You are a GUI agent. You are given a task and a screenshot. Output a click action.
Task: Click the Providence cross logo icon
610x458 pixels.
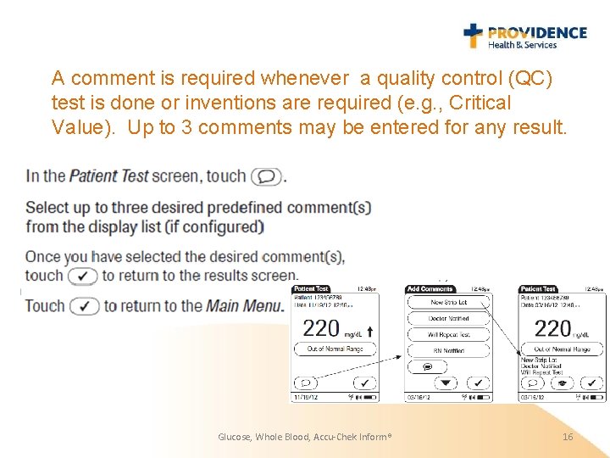[x=473, y=36]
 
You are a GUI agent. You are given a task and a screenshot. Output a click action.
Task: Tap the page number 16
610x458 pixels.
[x=568, y=436]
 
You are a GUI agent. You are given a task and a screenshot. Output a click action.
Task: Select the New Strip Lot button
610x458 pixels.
[x=448, y=302]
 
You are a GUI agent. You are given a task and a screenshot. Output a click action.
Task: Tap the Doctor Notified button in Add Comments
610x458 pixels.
[x=448, y=318]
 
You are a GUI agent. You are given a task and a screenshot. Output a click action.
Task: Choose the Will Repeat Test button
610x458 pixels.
[x=448, y=334]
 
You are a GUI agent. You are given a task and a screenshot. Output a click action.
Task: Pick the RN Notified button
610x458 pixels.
[x=448, y=350]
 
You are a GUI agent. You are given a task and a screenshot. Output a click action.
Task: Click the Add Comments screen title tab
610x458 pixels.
[x=430, y=289]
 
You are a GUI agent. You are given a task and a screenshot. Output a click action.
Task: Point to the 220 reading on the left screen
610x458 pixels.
[x=321, y=327]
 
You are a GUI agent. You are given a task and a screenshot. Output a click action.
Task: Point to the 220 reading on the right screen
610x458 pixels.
[x=553, y=327]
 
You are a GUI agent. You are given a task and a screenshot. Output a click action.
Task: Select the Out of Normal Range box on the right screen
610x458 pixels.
[x=562, y=349]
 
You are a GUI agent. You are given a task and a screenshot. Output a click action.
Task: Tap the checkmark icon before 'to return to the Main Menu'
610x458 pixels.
[x=85, y=306]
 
